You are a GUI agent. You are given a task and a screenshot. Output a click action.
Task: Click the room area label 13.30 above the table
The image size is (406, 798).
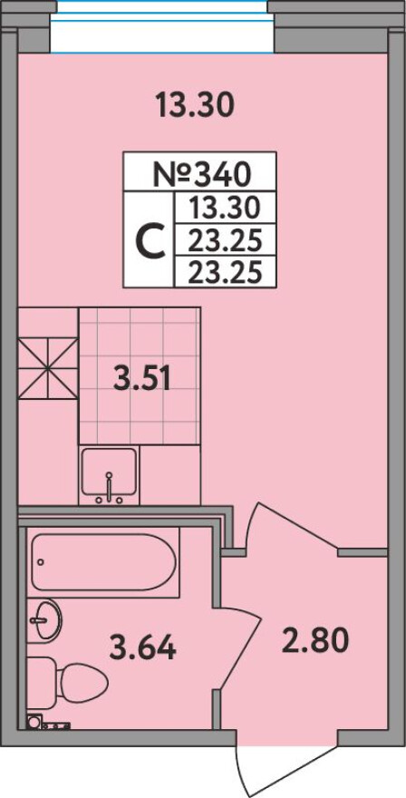195,105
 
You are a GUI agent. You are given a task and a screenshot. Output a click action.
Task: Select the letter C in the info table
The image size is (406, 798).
150,240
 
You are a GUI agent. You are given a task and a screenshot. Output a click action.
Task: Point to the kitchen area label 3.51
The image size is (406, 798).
141,380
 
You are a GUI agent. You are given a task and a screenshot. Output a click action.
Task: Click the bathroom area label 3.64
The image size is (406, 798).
142,647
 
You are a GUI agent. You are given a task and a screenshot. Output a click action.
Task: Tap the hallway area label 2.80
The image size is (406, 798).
315,640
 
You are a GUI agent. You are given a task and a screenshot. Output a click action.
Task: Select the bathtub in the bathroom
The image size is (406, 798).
104,562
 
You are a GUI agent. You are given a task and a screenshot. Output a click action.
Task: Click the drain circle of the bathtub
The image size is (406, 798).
41,562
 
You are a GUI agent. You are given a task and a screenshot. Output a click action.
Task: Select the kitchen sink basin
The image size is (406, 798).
110,472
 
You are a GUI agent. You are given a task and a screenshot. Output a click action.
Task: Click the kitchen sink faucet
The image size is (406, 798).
109,486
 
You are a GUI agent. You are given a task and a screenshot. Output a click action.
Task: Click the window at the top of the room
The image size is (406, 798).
162,26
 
